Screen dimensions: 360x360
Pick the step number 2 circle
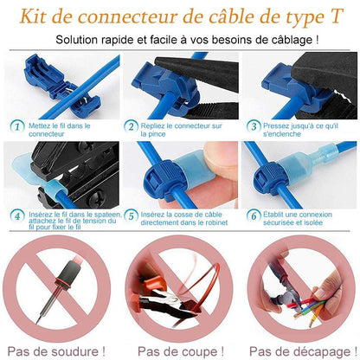tap(132, 125)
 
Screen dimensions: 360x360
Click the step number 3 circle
tap(254, 125)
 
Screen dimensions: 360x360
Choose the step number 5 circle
tap(132, 215)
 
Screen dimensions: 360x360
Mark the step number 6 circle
tap(254, 215)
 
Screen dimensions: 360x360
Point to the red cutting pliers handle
tap(151, 299)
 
